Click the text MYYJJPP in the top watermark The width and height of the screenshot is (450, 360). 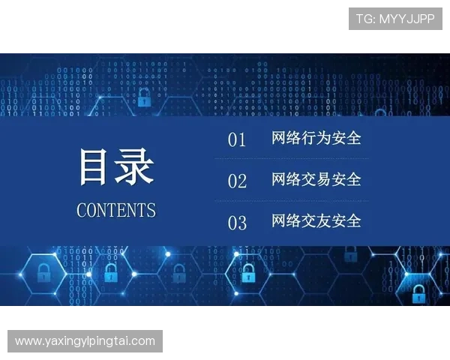[406, 19]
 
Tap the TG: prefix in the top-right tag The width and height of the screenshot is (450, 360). [366, 19]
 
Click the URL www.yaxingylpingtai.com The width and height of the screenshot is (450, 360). [85, 341]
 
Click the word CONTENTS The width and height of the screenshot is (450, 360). [116, 210]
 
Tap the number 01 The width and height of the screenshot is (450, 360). [237, 140]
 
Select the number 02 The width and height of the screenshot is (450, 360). [237, 181]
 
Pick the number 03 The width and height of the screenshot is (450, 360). [237, 223]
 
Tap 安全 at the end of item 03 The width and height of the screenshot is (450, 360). [346, 221]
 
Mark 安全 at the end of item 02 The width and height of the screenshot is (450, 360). [346, 180]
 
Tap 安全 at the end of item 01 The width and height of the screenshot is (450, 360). [346, 139]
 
